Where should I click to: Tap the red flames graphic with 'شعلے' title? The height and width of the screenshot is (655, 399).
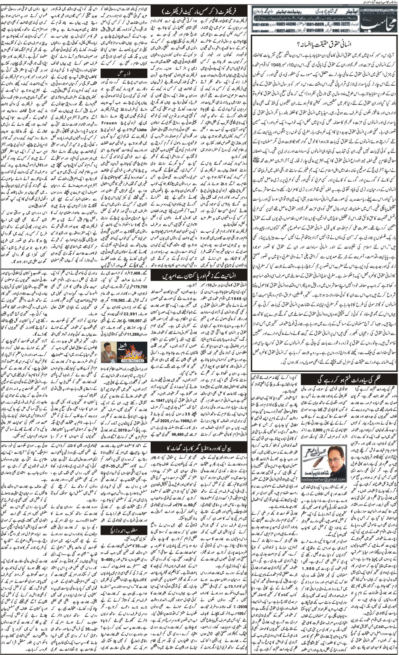127,349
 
